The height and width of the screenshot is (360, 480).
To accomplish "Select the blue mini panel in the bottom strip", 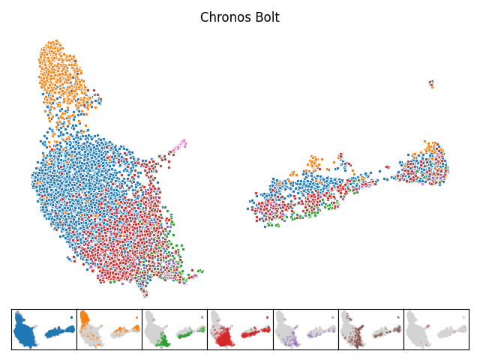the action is coord(44,329).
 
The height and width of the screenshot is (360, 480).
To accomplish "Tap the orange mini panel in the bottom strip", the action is coord(109,329).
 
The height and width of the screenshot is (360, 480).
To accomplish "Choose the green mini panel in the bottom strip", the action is coord(175,329).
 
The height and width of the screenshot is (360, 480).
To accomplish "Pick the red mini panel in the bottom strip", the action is coord(240,329).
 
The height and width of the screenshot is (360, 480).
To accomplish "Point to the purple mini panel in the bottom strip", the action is coord(306,329).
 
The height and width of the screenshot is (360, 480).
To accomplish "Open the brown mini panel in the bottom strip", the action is coord(371,329).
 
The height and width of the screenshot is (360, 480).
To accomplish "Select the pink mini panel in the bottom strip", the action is coord(436,329).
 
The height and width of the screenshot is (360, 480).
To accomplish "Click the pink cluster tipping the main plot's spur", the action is coord(180,145).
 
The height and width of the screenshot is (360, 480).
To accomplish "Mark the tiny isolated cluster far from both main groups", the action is coord(431,83).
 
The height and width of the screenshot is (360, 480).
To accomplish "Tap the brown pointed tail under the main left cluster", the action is coord(145,292).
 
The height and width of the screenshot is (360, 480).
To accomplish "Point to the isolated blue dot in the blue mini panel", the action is coord(71,317).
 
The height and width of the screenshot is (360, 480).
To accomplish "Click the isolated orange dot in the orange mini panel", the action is coord(136,317).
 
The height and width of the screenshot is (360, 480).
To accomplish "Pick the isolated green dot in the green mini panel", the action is coord(202,317).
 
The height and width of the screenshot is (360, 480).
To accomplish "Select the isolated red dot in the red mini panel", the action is coord(268,317).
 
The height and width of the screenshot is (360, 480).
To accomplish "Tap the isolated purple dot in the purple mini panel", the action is coord(333,317).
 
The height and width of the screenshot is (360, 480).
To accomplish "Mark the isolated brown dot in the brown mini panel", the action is coord(398,317).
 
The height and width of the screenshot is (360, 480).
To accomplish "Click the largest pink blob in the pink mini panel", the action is coord(427,326).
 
